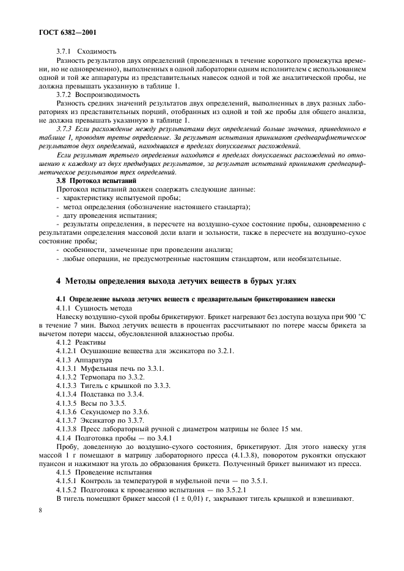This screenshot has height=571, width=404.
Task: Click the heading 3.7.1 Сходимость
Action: (86, 52)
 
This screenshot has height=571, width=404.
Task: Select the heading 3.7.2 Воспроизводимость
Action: (98, 95)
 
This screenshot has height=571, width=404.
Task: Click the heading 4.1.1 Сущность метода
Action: (94, 309)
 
